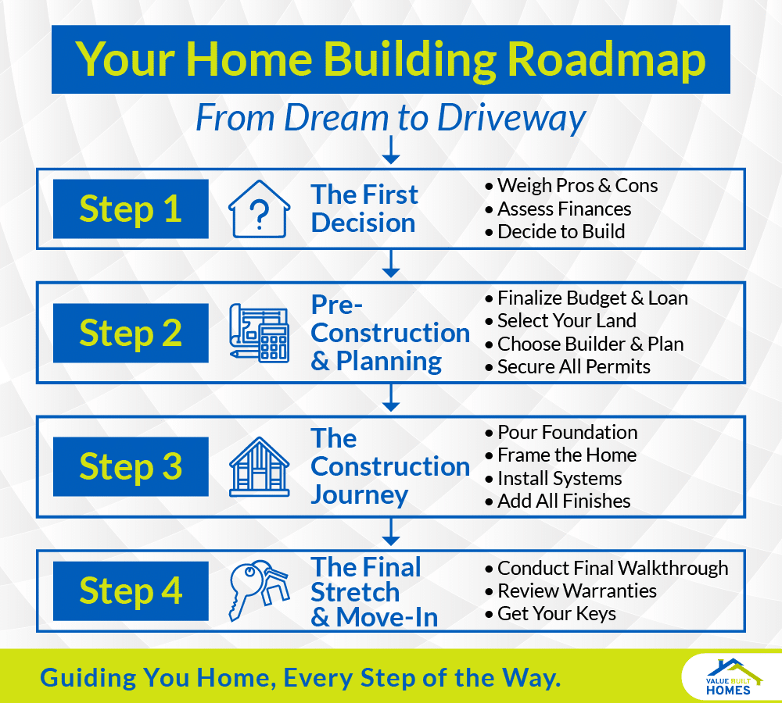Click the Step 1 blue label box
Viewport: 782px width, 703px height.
coord(131,209)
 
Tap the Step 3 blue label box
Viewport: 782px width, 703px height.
coord(131,466)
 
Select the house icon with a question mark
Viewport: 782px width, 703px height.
coord(259,209)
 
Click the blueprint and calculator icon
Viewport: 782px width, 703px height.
coord(259,331)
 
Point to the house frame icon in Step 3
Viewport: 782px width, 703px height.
coord(259,466)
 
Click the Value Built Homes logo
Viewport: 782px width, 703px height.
coord(729,676)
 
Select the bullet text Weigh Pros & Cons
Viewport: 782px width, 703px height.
coord(577,186)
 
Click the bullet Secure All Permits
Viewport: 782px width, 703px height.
coord(573,366)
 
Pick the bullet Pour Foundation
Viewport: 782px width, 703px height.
coord(567,432)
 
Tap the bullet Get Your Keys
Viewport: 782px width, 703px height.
coord(556,614)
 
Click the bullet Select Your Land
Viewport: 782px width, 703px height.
coord(566,320)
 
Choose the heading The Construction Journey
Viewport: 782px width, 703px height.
coord(389,466)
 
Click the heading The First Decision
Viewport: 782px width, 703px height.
coord(364,209)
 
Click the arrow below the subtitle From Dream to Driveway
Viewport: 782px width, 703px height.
coord(392,151)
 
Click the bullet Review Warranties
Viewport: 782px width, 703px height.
coord(576,591)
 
